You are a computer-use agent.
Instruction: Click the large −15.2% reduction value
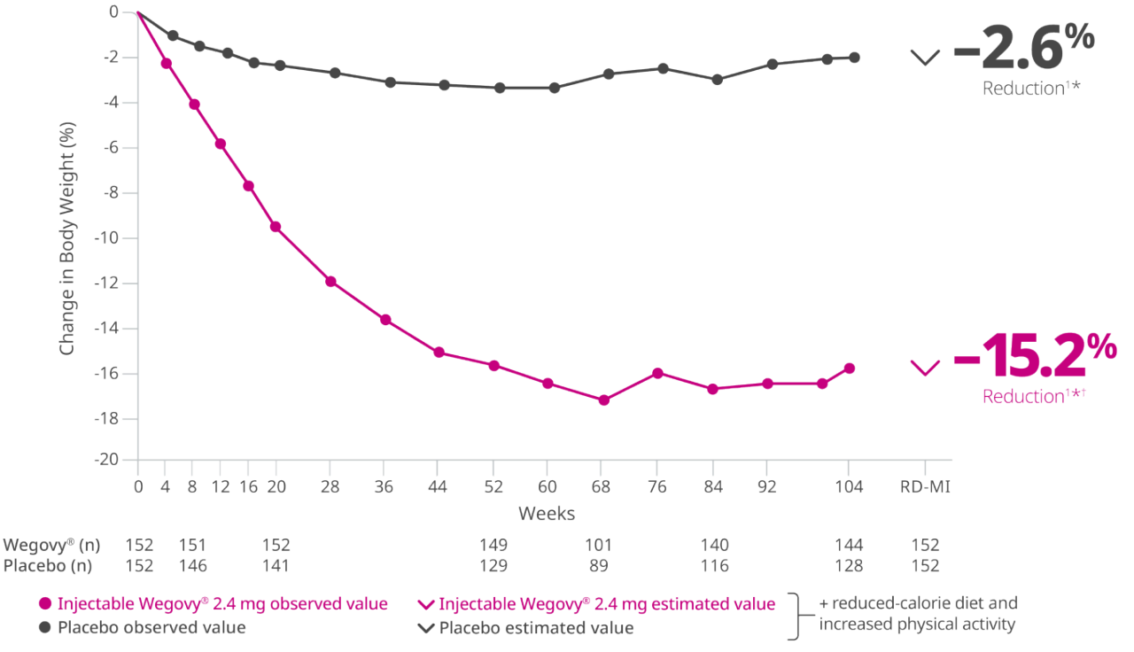click(x=1035, y=355)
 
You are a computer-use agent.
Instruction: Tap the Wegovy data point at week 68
click(x=604, y=400)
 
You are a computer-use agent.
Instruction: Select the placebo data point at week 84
click(x=717, y=80)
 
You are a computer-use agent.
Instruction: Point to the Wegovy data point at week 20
click(x=276, y=227)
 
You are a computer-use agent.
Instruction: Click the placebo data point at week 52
click(x=500, y=88)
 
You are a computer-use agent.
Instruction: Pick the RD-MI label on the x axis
click(x=925, y=486)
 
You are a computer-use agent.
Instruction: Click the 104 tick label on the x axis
click(x=849, y=486)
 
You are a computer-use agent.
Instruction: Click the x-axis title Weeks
click(x=547, y=513)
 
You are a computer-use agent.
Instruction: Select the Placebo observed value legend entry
click(x=141, y=627)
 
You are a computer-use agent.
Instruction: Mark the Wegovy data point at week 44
click(x=439, y=353)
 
